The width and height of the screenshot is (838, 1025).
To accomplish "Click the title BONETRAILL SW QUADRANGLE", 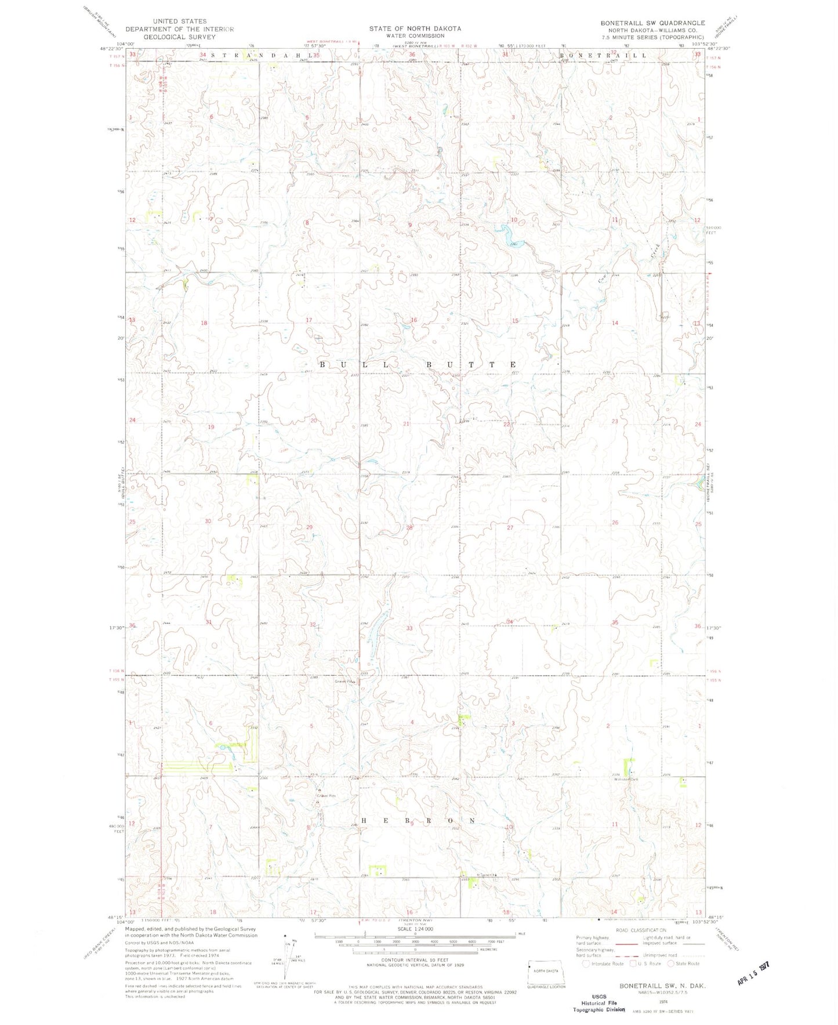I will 652,23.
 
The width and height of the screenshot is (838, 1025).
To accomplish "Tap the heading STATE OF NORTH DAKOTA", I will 415,28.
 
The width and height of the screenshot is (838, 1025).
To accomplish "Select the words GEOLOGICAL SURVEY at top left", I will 179,37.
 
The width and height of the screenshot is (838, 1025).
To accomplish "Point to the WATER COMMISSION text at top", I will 415,36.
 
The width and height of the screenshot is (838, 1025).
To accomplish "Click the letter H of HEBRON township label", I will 365,821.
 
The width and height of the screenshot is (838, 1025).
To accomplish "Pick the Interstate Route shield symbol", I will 586,964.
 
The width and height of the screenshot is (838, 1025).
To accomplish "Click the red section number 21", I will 407,424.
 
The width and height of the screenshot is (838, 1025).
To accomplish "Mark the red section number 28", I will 409,527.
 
